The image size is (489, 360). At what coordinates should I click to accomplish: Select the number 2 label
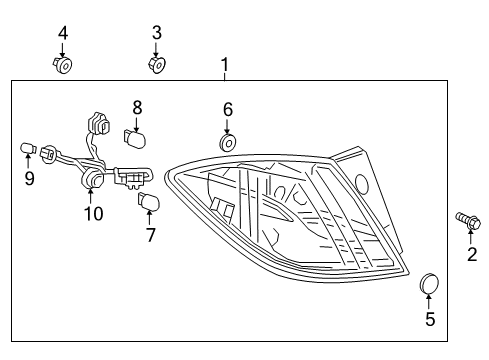click(x=472, y=254)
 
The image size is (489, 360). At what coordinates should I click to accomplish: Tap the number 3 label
click(x=156, y=33)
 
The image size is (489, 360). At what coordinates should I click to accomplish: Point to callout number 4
click(x=63, y=33)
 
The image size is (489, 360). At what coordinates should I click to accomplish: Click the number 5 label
click(x=430, y=320)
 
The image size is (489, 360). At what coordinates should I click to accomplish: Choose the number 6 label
click(x=228, y=109)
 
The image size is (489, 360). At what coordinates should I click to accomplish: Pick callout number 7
click(x=151, y=235)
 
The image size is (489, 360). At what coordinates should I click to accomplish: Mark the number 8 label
click(x=138, y=105)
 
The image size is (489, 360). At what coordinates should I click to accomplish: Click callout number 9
click(x=29, y=179)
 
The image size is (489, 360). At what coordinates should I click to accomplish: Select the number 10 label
click(x=93, y=213)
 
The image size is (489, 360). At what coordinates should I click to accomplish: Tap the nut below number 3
click(x=156, y=66)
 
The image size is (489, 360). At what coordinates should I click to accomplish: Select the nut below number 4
click(x=63, y=66)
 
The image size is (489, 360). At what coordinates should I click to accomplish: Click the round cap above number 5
click(x=430, y=284)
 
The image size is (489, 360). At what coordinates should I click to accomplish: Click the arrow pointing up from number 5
click(x=430, y=302)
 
